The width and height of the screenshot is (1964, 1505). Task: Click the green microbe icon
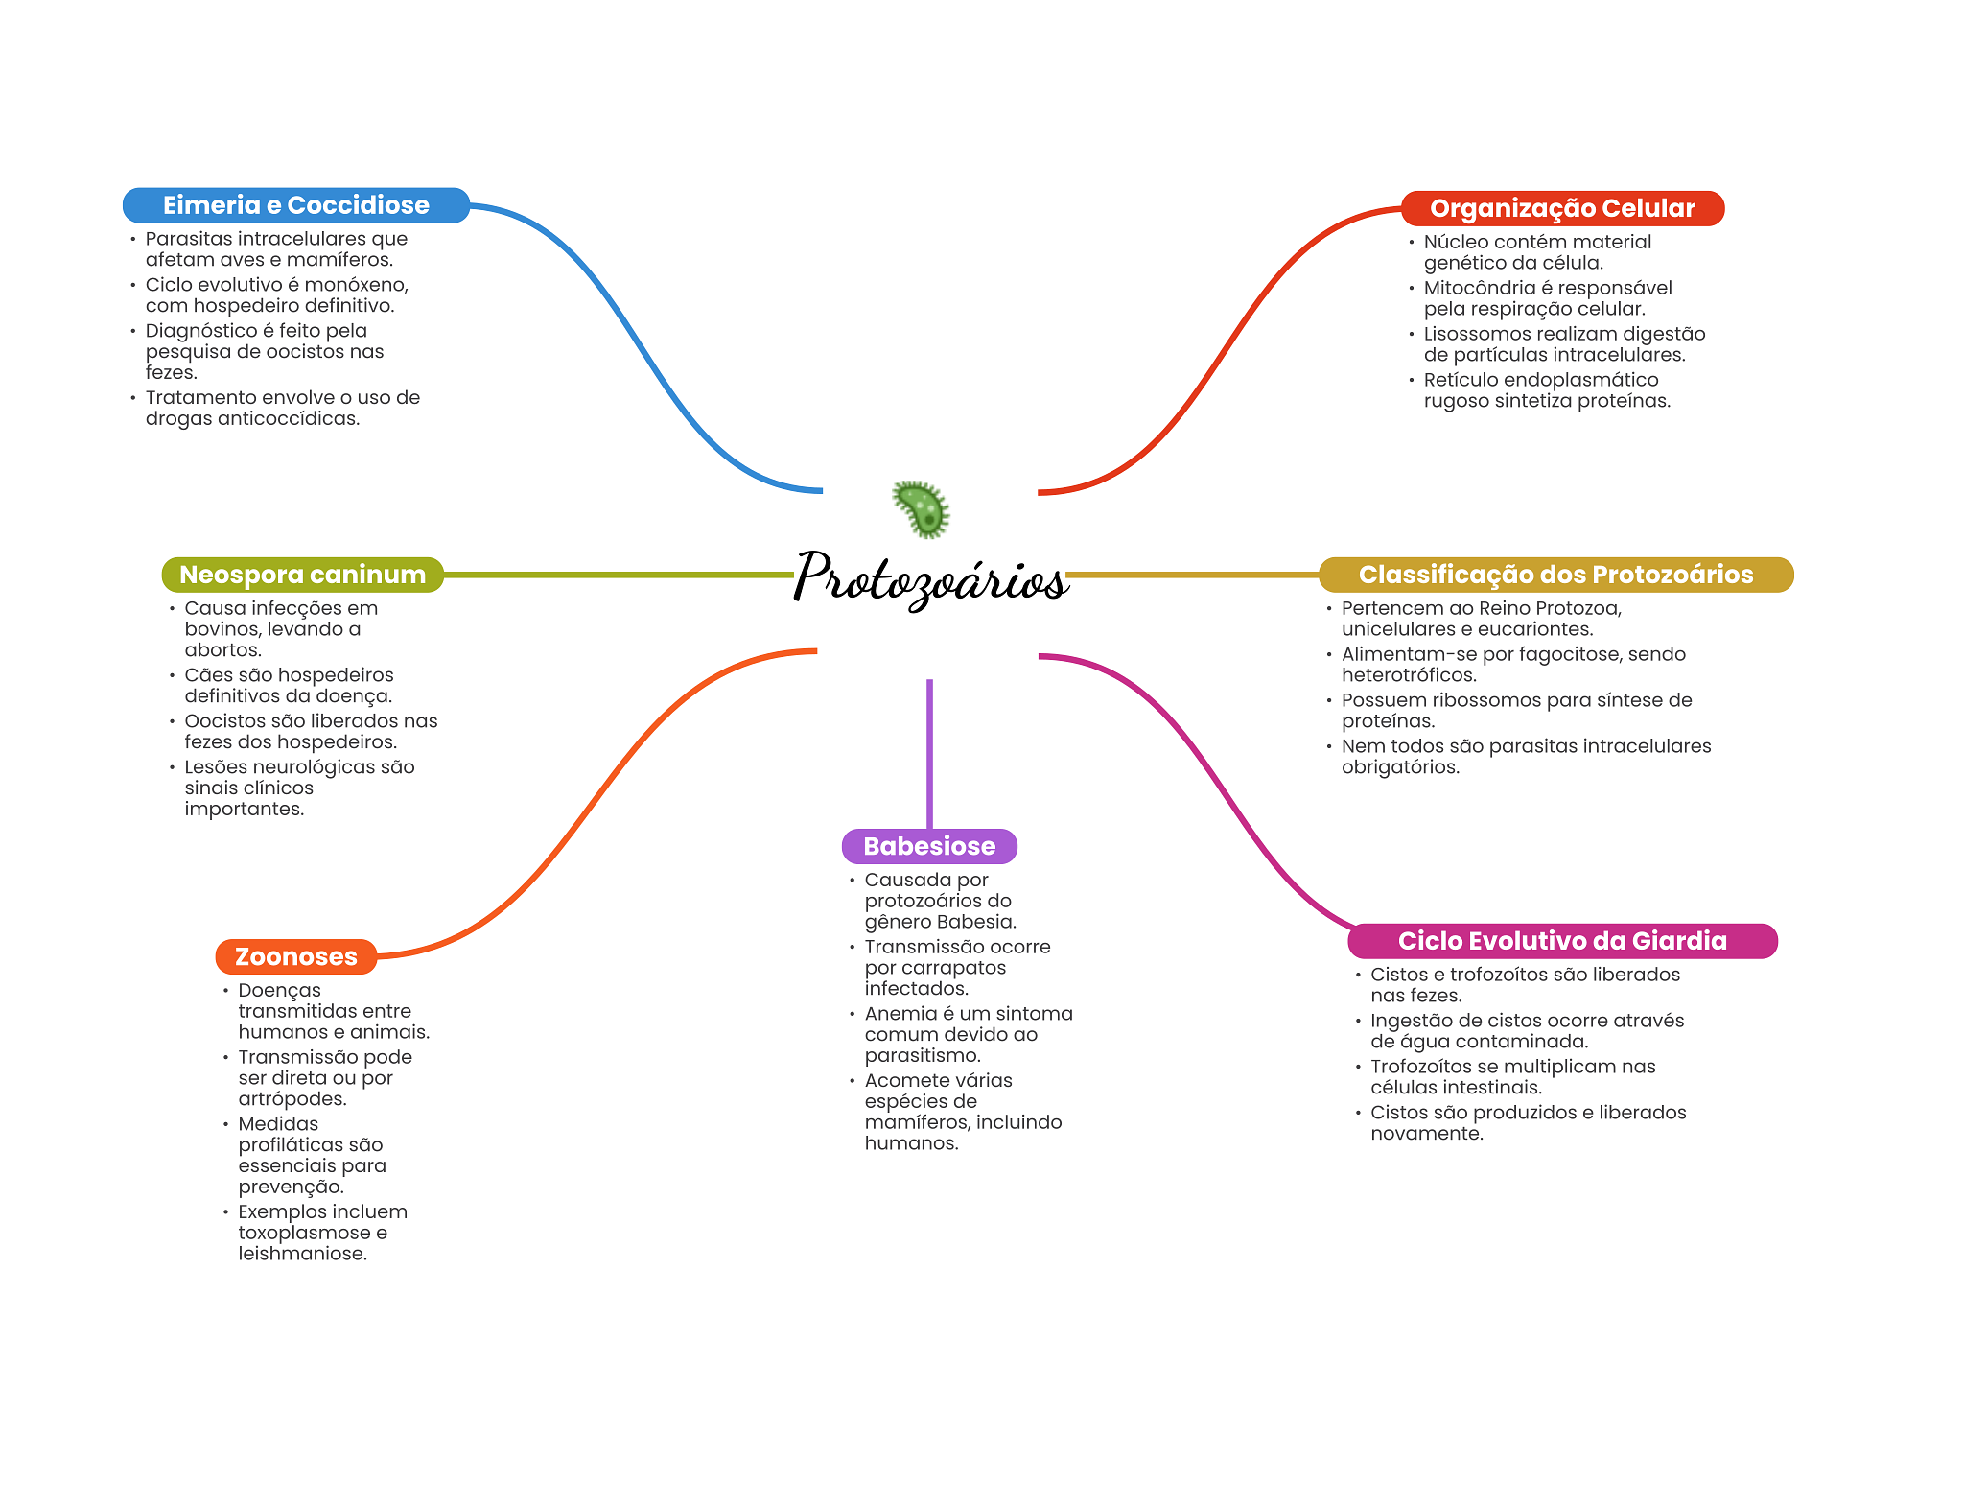coord(921,508)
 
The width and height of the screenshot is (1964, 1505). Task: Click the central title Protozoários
coord(930,578)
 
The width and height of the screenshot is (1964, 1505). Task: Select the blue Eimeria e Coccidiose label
coord(295,205)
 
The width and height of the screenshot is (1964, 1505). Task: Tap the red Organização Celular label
coord(1561,208)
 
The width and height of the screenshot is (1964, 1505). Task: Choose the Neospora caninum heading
coord(302,575)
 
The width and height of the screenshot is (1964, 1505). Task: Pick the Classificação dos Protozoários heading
coord(1555,575)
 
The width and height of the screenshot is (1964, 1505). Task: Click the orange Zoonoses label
coord(295,956)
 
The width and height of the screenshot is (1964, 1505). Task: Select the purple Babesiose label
coord(928,846)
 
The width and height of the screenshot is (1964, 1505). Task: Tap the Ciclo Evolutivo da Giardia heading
coord(1561,941)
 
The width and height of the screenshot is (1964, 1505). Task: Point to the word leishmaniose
coord(302,1254)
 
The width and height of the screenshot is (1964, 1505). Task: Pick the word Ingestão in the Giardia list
coord(1410,1021)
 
